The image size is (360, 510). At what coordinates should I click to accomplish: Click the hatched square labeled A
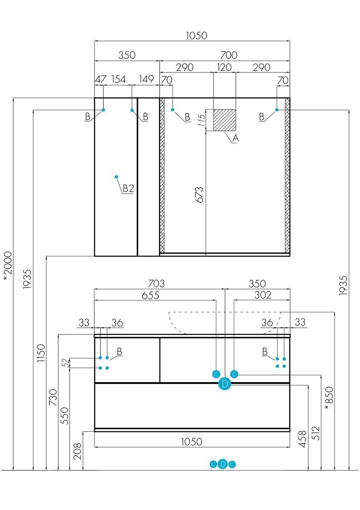224,120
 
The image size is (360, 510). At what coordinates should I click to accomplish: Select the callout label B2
128,189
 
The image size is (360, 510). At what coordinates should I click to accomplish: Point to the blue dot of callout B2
116,177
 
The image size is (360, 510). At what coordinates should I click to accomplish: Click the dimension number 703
156,284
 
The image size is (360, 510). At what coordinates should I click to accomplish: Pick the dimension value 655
150,295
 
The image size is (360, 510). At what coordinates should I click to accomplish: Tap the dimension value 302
263,295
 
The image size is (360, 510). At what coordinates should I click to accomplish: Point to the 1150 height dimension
41,353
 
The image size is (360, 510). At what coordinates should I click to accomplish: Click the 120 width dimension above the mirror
224,68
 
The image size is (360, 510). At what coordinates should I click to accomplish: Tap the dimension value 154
119,79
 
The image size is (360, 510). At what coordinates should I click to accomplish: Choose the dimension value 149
146,79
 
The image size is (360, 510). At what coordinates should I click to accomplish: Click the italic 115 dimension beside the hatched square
202,120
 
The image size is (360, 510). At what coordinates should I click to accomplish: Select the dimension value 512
316,433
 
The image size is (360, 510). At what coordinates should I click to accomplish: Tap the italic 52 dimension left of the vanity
65,363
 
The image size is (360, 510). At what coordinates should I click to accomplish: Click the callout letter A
235,138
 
